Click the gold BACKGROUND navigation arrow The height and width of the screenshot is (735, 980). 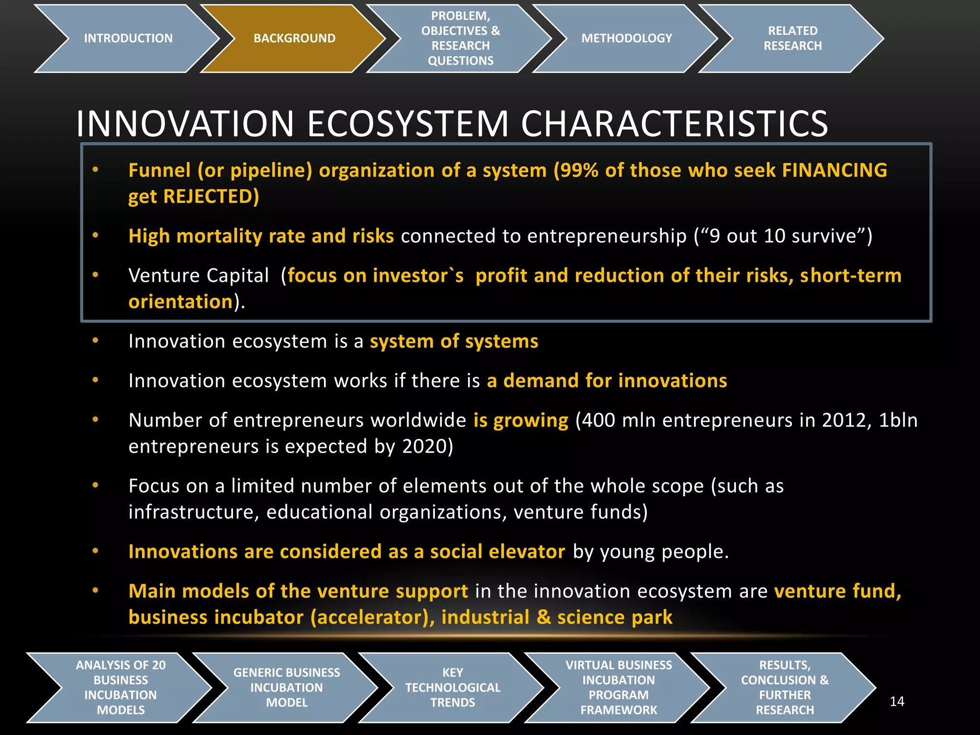[294, 38]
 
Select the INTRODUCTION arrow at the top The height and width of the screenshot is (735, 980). [128, 38]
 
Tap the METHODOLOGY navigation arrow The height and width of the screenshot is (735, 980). [626, 38]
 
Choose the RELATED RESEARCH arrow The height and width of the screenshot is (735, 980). [792, 38]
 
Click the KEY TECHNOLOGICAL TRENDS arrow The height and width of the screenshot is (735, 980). [452, 687]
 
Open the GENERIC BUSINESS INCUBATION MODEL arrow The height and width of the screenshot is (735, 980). [286, 687]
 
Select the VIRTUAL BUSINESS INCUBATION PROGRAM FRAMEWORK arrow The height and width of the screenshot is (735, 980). [618, 687]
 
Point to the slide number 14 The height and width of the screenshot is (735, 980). [897, 702]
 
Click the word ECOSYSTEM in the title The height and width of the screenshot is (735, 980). [408, 124]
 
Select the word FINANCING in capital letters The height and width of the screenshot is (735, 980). [835, 170]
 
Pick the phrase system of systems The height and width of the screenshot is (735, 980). [454, 341]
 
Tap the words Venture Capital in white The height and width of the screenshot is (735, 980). [199, 276]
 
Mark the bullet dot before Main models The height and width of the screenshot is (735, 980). [95, 590]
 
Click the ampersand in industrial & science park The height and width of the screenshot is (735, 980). [544, 617]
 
